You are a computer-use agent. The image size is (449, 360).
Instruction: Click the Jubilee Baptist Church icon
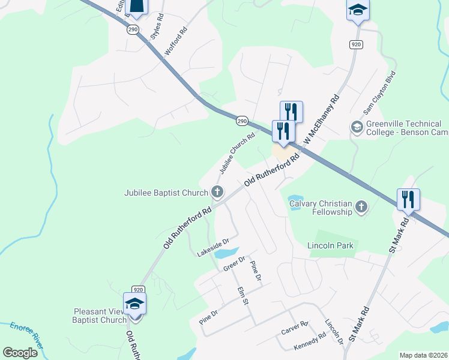tap(217, 193)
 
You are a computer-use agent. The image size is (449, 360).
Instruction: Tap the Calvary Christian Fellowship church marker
tap(361, 207)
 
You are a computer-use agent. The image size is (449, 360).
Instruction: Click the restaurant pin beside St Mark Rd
tap(408, 200)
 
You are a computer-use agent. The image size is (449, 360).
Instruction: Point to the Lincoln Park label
tap(330, 245)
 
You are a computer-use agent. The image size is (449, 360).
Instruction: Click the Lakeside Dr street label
tap(213, 248)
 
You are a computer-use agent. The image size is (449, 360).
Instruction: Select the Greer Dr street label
tap(234, 264)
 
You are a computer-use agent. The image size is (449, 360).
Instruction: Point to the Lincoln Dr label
tap(334, 331)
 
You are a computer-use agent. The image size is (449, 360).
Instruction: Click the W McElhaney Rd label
tap(322, 121)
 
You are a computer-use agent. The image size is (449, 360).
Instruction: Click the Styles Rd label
tap(158, 27)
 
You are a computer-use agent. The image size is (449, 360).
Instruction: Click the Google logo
tap(20, 353)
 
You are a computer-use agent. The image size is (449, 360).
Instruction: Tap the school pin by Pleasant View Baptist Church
tap(134, 304)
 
